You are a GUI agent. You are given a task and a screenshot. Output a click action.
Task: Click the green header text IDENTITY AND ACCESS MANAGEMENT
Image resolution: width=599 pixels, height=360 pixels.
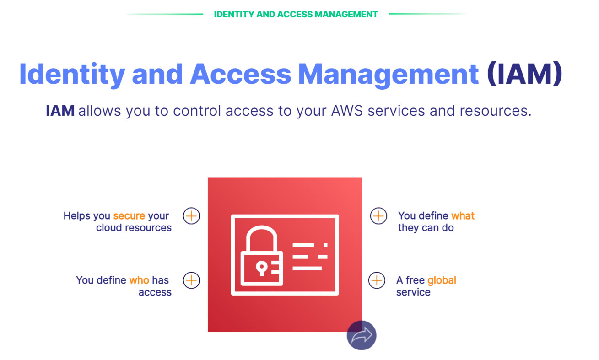coord(296,14)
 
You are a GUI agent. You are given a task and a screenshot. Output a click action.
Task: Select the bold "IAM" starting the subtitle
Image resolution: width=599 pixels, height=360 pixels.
coord(60,111)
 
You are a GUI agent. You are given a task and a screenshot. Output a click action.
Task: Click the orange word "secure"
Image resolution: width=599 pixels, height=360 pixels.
coord(129,216)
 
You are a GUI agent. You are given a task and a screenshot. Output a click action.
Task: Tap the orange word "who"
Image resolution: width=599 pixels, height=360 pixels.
coord(139,280)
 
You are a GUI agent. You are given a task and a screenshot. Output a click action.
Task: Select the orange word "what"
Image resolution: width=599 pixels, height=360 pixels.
coord(463,216)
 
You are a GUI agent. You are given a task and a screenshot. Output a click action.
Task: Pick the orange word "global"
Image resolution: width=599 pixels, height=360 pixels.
coord(442,280)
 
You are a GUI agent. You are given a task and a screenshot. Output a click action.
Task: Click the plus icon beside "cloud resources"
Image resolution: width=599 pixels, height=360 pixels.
coord(191,215)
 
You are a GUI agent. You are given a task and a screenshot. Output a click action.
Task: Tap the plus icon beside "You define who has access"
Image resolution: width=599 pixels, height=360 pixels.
coord(191,280)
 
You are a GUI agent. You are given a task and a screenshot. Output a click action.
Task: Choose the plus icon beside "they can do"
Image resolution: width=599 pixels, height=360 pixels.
coord(378,215)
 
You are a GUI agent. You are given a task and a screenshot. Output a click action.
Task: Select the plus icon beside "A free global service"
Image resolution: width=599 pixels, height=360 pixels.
coord(377,280)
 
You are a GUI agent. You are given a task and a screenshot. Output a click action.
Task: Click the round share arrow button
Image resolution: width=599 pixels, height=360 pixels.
coord(362,335)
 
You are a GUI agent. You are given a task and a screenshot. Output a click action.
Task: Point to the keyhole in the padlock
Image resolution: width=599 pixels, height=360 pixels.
coord(261,267)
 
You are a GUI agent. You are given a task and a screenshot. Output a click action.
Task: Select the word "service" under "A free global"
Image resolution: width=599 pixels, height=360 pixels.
coord(413,292)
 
